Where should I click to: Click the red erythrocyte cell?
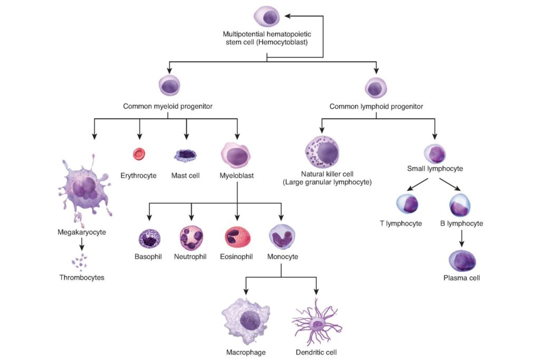click(x=139, y=154)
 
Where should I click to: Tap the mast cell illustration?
click(x=186, y=155)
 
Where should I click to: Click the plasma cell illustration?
click(x=462, y=260)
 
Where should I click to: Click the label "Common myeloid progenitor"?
click(x=168, y=106)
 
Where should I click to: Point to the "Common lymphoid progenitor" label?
click(x=376, y=106)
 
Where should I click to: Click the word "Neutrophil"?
click(x=190, y=257)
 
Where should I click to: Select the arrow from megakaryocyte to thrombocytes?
click(x=81, y=244)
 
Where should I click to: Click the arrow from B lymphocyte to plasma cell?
click(x=462, y=239)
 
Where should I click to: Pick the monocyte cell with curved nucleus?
click(x=281, y=237)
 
